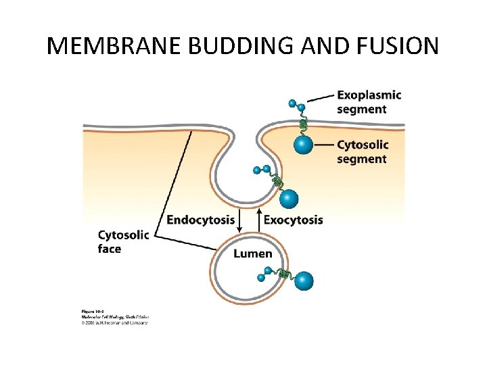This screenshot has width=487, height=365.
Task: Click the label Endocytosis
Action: (201, 220)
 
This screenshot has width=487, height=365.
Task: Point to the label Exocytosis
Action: (293, 220)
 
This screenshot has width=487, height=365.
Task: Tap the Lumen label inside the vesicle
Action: (253, 253)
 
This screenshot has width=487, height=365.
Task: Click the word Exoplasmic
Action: (369, 95)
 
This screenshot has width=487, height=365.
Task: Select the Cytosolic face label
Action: (123, 242)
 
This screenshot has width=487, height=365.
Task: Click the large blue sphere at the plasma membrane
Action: (304, 145)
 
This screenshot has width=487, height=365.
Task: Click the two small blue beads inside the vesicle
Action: (264, 273)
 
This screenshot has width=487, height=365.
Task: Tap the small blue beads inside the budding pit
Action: (262, 170)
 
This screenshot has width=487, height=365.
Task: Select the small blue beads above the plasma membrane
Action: (297, 105)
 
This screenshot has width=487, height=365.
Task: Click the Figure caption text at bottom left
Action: (112, 316)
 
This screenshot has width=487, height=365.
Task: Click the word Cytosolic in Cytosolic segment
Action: (363, 145)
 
